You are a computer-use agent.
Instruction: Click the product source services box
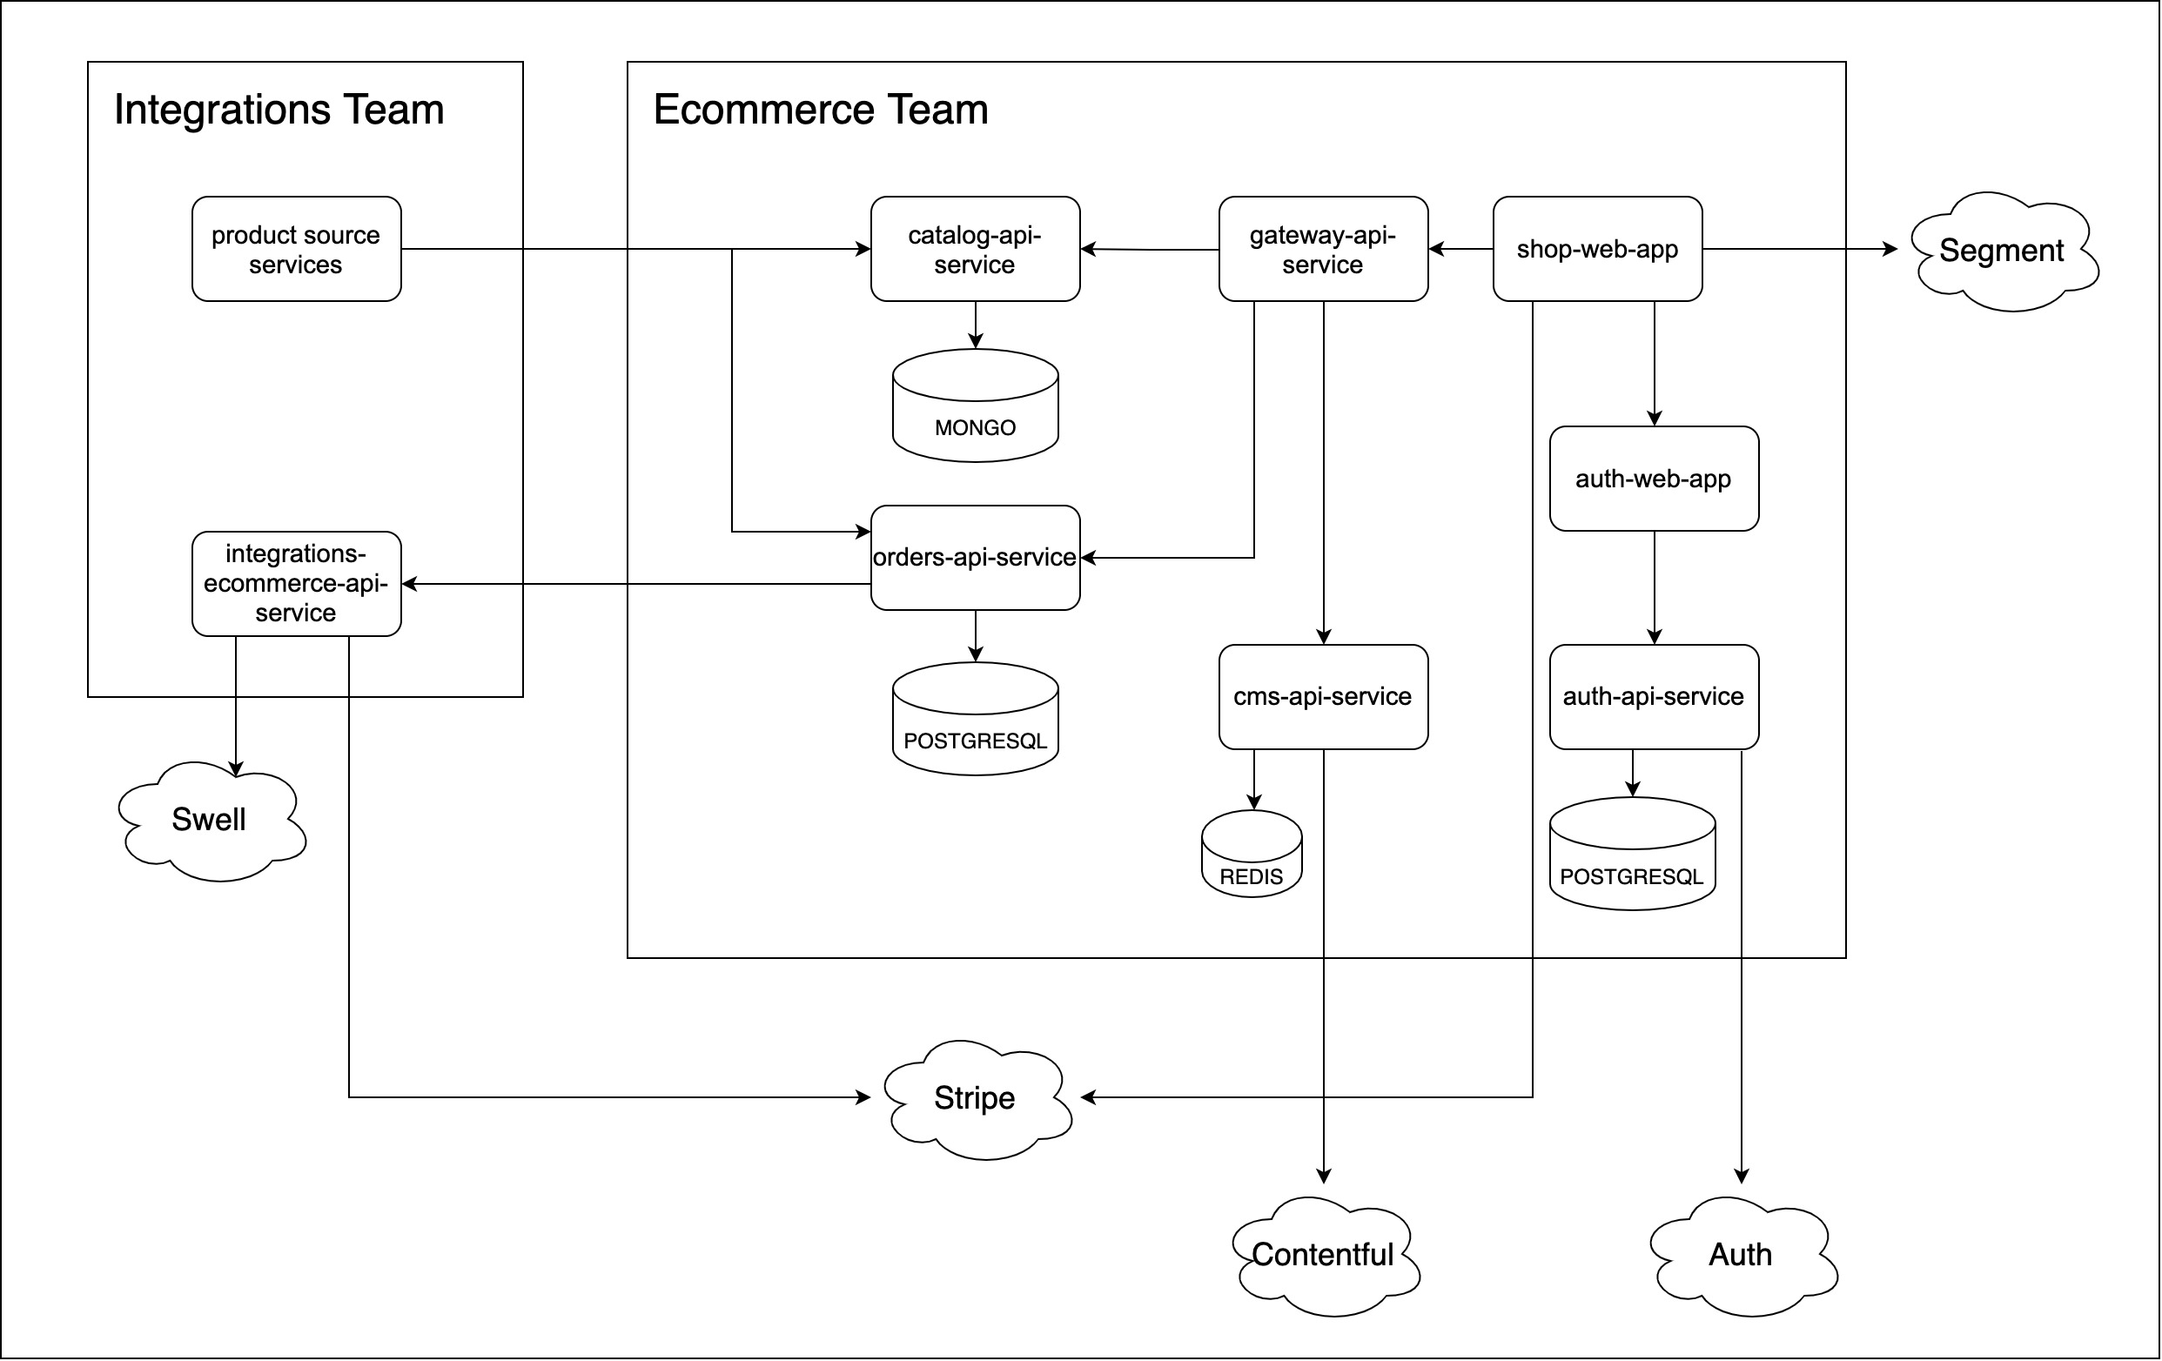[296, 249]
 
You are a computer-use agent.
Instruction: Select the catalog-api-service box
[975, 249]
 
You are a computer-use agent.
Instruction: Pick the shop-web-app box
[1597, 249]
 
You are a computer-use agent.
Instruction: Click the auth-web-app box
[1654, 479]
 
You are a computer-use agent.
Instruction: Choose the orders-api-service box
[975, 558]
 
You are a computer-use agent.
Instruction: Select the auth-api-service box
[1654, 697]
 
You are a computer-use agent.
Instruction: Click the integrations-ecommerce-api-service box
[296, 584]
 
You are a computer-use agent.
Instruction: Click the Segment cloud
[2002, 251]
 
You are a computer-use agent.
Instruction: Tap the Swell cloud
[210, 820]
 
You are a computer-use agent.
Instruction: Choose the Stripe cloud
[975, 1099]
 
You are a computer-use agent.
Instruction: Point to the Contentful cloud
[1324, 1255]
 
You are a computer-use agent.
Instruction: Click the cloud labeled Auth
[1741, 1255]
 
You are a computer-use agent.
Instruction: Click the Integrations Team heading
[279, 110]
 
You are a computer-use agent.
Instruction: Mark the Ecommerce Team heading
[821, 110]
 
